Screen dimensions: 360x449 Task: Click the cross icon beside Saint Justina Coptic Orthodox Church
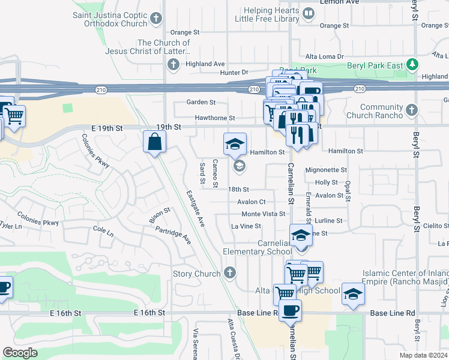pos(157,19)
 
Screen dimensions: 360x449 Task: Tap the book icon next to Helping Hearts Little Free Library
pos(308,13)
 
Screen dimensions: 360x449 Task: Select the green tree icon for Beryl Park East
pos(412,64)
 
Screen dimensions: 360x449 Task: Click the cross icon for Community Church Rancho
pos(411,110)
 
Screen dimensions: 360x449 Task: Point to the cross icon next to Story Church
pos(229,274)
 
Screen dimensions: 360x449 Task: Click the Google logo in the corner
pos(20,353)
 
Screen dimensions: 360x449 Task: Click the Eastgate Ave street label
pos(195,209)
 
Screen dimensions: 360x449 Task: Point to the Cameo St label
pos(214,174)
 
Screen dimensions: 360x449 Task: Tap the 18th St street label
pos(238,189)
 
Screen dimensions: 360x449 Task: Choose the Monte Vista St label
pos(263,214)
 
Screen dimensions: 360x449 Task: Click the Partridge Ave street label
pos(173,234)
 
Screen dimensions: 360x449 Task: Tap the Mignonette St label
pos(327,170)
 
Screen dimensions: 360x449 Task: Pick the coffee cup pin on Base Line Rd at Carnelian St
pos(291,311)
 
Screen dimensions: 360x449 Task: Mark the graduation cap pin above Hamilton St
pos(235,143)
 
